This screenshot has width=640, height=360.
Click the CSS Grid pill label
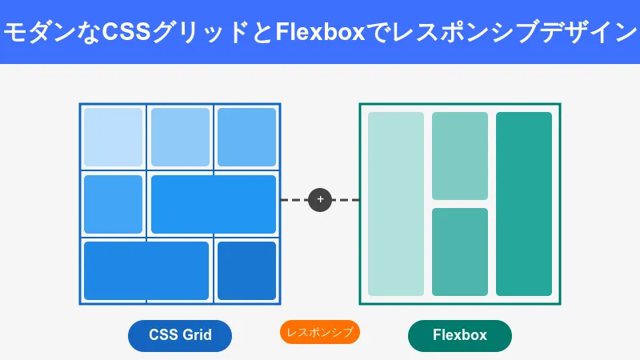180,335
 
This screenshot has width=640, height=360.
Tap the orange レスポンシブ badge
319,332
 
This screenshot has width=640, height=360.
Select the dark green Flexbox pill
459,335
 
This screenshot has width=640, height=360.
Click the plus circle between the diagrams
320,200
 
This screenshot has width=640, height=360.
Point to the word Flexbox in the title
320,32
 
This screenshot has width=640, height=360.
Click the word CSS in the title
126,32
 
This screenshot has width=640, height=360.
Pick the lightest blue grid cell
113,137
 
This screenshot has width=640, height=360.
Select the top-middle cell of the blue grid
180,137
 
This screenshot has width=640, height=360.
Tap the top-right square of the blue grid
246,137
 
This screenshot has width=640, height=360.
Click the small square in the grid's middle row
113,204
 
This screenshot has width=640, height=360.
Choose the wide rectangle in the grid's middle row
214,204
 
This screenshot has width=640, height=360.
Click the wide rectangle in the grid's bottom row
146,270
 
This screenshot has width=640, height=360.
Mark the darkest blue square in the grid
246,270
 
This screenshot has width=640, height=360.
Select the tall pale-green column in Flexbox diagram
396,204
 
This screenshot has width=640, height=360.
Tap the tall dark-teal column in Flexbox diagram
524,204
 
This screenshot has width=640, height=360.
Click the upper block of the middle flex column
459,156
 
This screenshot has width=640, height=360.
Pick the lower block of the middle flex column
459,252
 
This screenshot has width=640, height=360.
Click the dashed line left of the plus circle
294,200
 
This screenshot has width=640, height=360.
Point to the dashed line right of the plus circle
346,200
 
